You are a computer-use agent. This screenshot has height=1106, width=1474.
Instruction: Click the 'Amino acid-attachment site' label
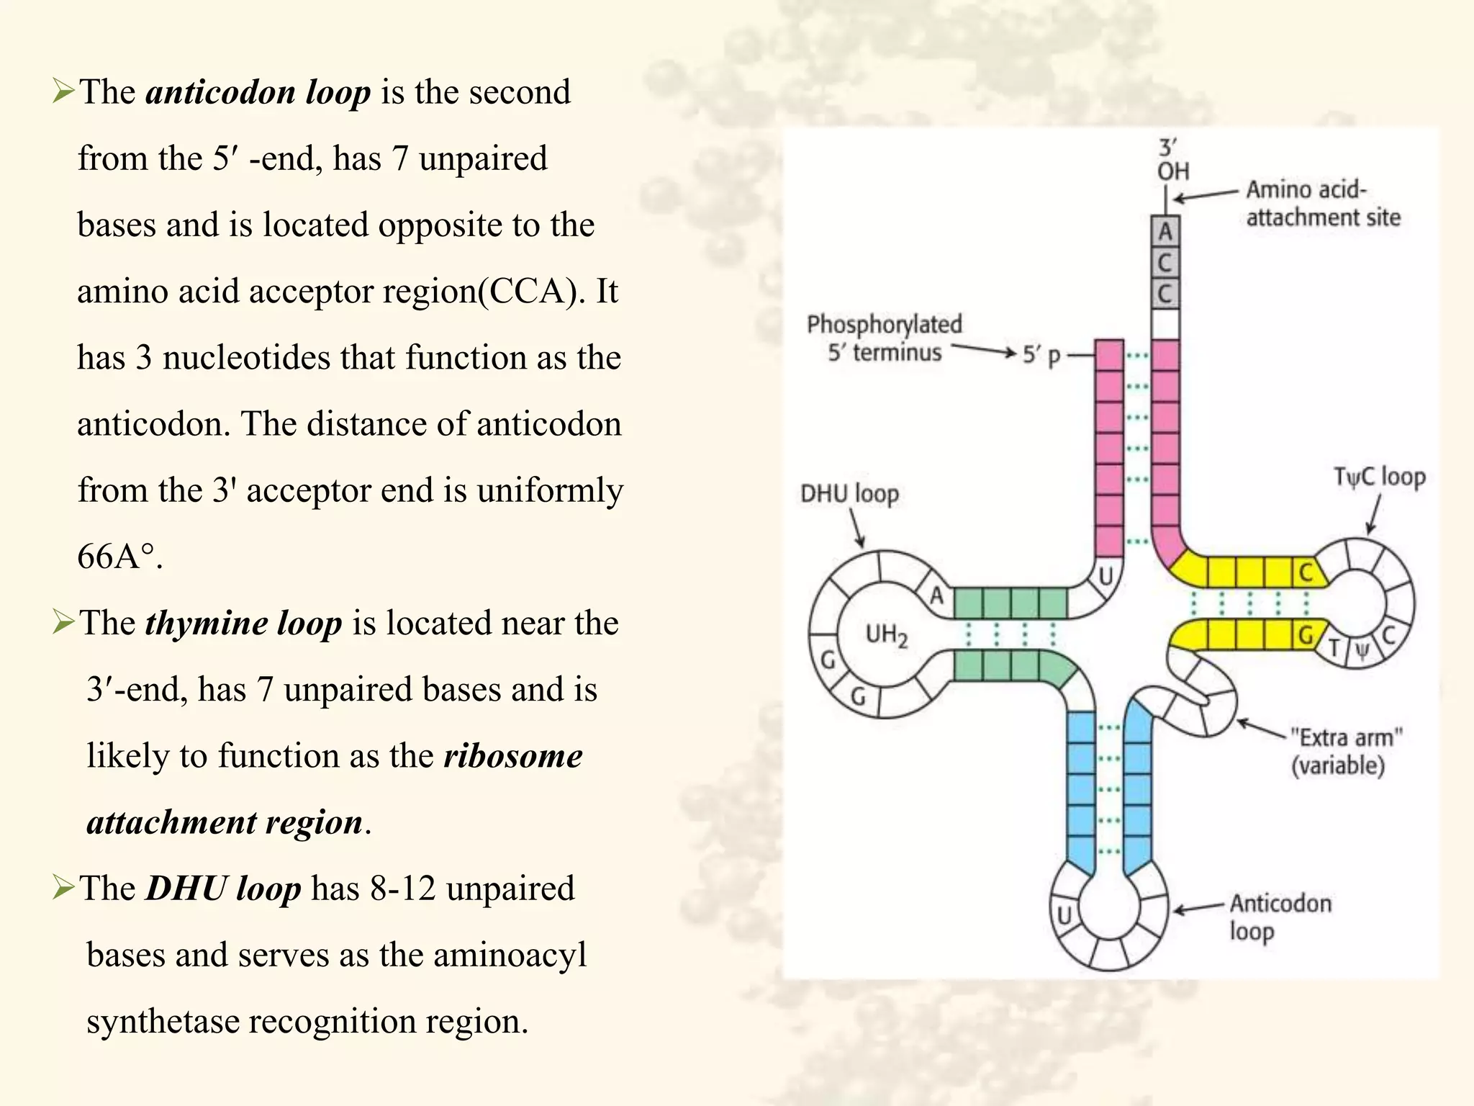(1323, 203)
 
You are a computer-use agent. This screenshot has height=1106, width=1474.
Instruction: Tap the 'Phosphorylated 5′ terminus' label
(884, 338)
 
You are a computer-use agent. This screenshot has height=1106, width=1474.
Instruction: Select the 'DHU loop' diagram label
(849, 494)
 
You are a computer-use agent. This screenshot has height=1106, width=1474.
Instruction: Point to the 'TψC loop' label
(1379, 477)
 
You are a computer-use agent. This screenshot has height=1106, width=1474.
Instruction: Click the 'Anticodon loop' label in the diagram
(1280, 917)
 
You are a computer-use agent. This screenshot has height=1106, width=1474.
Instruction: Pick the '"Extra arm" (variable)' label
(1345, 751)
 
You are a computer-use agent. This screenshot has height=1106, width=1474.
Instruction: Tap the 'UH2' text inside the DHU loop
(886, 634)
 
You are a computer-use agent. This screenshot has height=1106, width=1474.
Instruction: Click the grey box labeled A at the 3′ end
(1165, 232)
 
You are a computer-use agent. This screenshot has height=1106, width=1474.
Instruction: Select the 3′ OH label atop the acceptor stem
(1172, 160)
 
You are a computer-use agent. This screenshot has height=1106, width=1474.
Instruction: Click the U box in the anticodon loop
(1064, 915)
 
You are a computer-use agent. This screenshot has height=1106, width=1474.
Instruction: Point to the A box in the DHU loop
(936, 595)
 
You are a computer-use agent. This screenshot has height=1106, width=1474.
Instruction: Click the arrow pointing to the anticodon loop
(1198, 908)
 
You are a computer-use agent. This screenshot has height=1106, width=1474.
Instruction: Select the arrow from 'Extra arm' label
(1261, 729)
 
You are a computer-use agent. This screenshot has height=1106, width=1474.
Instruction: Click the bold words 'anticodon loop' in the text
(258, 92)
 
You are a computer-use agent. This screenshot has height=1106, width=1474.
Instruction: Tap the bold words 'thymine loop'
(243, 623)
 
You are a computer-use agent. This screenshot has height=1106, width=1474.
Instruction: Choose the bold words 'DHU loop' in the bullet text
(223, 889)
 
